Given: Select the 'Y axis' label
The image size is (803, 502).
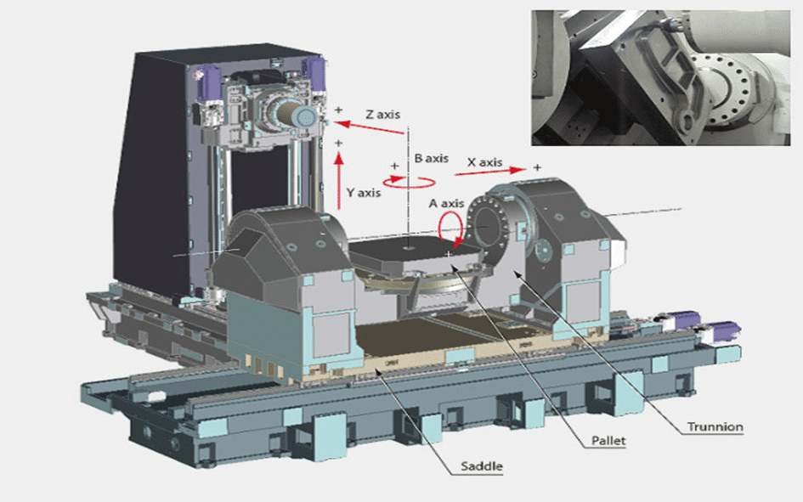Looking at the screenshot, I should [x=365, y=193].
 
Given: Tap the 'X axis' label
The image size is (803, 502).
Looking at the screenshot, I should [x=485, y=161].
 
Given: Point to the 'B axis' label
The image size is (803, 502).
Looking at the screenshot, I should [x=430, y=158].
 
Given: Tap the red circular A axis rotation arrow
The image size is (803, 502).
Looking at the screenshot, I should [x=450, y=227].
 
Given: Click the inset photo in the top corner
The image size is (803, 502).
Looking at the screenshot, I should [x=665, y=77].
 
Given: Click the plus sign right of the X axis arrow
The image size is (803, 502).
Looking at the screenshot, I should [x=536, y=166].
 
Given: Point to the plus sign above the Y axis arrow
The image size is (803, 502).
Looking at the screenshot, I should [x=339, y=144].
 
